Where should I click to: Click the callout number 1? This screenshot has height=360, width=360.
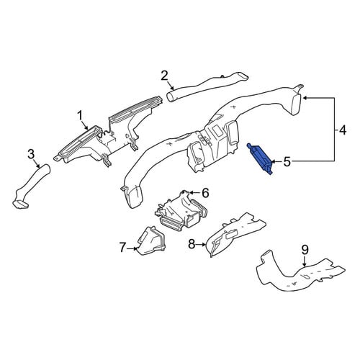coord(79,116)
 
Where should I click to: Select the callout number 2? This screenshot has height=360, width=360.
coord(164,76)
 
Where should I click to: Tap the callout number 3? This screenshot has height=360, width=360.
coord(31,154)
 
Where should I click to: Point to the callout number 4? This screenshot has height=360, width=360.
coord(343,131)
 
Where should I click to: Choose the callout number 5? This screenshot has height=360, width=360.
coord(287,162)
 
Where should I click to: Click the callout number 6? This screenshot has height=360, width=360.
coord(205,193)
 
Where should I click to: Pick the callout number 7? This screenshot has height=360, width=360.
coord(122,248)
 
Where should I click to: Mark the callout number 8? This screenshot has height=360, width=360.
coord(192,244)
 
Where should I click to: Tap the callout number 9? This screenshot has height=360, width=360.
coord(305,250)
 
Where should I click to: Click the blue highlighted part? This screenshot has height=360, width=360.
coord(261,159)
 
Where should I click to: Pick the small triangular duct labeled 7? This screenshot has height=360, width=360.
coord(151,241)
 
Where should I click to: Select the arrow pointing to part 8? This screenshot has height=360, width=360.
coord(201,245)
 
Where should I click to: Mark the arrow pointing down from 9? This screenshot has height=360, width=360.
coord(305,261)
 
